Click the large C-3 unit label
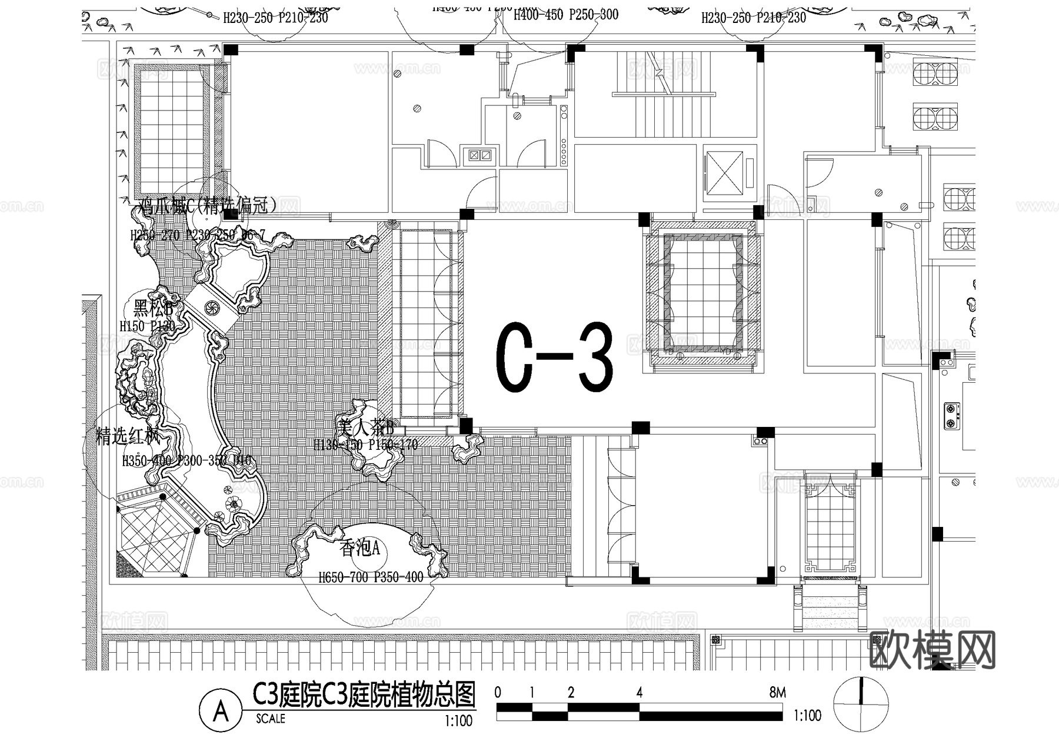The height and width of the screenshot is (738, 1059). (x=554, y=357)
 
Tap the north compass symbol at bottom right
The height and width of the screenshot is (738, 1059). (x=861, y=704)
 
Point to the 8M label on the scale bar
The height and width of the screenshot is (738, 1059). (x=777, y=693)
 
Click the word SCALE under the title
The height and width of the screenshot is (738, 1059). (x=271, y=719)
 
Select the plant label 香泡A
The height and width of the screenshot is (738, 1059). (x=360, y=549)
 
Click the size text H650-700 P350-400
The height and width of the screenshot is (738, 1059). (x=371, y=577)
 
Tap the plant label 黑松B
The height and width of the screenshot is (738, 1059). (x=152, y=308)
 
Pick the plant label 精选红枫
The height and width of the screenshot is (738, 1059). (x=128, y=436)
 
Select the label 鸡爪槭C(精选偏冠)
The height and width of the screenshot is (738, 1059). (x=207, y=206)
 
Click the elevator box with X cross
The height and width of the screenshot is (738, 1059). (x=724, y=173)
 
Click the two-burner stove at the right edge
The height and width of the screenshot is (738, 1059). (x=951, y=415)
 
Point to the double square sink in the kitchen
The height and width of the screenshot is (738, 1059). (x=479, y=155)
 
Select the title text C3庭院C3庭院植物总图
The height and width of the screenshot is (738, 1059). (x=364, y=696)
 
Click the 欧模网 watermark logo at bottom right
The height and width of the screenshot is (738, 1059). (x=932, y=649)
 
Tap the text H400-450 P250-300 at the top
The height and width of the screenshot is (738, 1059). (x=565, y=15)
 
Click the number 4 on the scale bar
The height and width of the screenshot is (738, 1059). (x=639, y=693)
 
